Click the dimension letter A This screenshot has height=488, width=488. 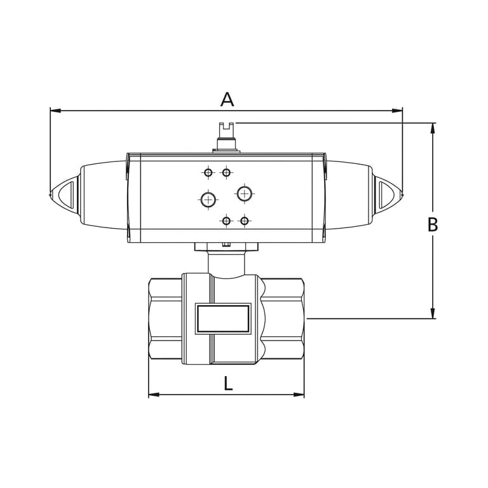(227, 99)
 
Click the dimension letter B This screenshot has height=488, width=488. (433, 224)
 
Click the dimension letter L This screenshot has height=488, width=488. (228, 383)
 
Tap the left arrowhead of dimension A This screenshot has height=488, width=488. (55, 111)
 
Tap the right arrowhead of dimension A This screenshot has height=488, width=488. (397, 111)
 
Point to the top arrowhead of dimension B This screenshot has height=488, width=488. (433, 128)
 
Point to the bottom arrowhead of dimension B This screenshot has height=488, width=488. (433, 313)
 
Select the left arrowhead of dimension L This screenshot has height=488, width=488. (154, 395)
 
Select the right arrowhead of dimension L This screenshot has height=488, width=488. (299, 395)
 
